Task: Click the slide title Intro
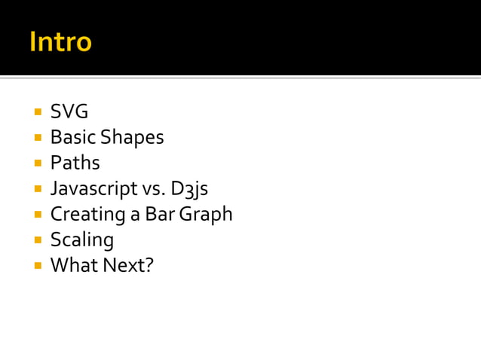click(60, 41)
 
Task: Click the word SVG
click(69, 111)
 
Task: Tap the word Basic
click(73, 137)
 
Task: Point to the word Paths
click(75, 163)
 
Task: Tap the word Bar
click(159, 215)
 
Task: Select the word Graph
click(205, 215)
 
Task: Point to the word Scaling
click(81, 240)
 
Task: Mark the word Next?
click(127, 265)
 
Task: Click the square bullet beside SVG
click(37, 112)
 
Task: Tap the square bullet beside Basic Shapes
click(37, 138)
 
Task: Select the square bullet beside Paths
click(37, 163)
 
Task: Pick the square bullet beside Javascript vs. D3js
click(37, 189)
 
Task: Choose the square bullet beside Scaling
click(37, 240)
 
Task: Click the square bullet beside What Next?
click(37, 266)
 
